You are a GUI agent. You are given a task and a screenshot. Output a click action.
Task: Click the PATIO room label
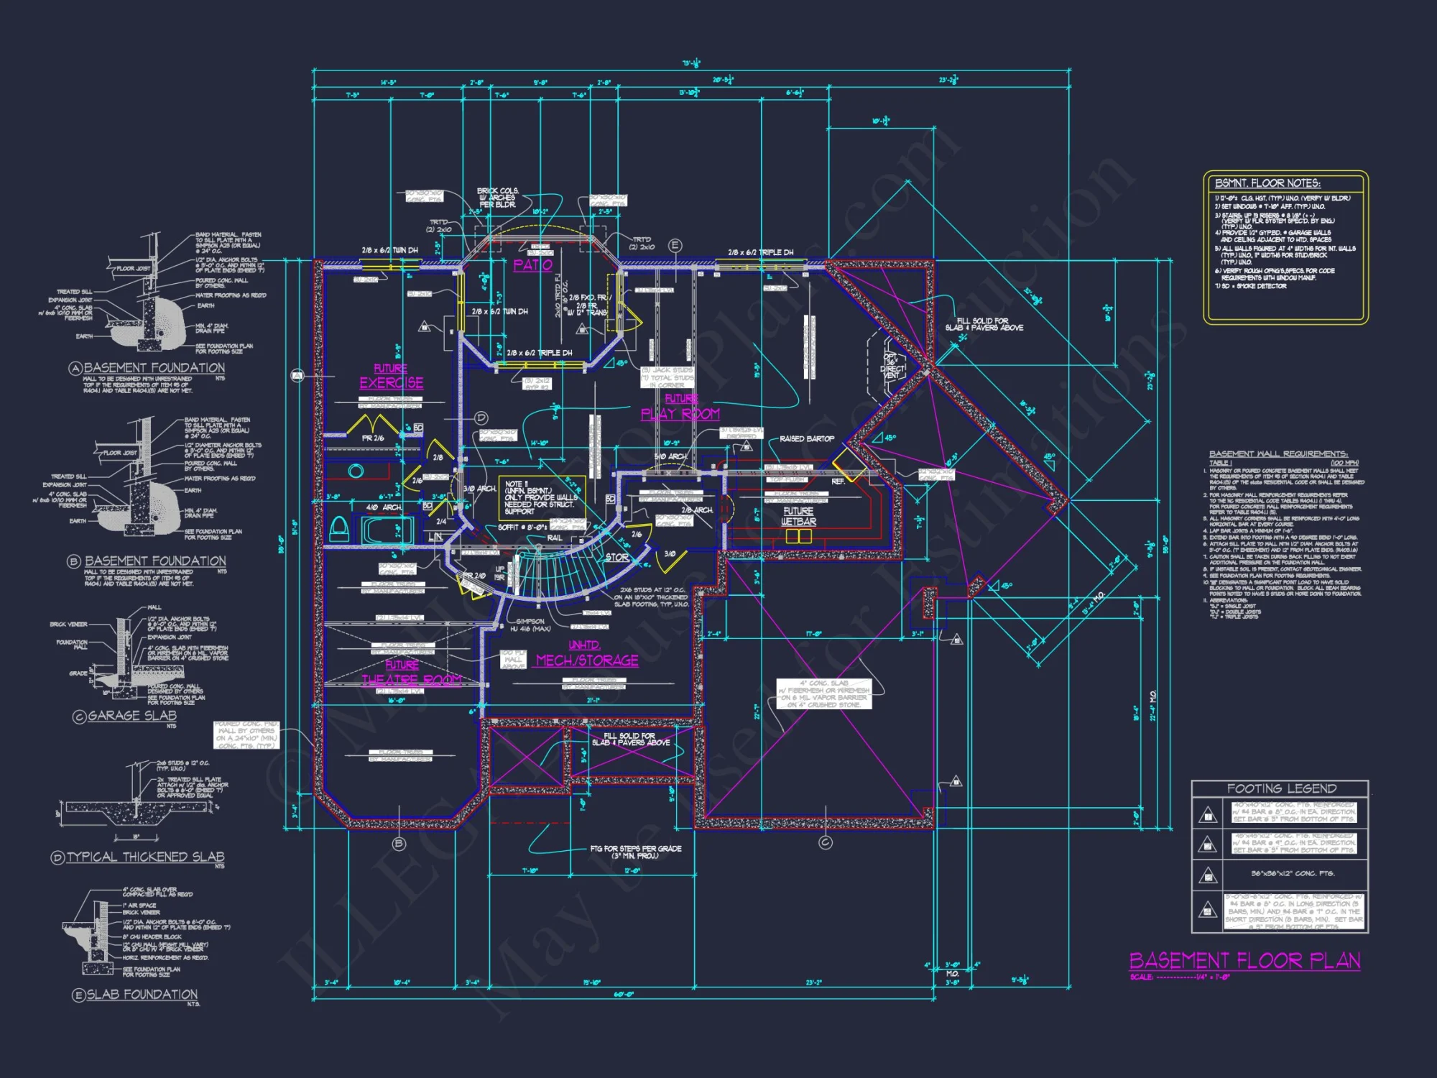pyautogui.click(x=533, y=264)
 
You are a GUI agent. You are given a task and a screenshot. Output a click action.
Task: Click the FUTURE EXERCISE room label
pyautogui.click(x=392, y=377)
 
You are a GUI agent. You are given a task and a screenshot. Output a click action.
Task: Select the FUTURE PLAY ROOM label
pyautogui.click(x=680, y=407)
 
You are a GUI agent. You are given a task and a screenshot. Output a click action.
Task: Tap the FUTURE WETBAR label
pyautogui.click(x=798, y=516)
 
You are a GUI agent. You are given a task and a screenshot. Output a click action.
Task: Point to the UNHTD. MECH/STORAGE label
pyautogui.click(x=587, y=654)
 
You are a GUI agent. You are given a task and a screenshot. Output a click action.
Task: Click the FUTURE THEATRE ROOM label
pyautogui.click(x=410, y=673)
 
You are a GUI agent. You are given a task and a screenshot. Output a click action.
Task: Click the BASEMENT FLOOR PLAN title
pyautogui.click(x=1244, y=961)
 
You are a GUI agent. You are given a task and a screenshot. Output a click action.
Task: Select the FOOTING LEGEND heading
pyautogui.click(x=1281, y=788)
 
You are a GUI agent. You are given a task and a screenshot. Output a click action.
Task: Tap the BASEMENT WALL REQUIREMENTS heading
pyautogui.click(x=1278, y=453)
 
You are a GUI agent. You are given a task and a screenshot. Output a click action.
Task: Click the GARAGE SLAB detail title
pyautogui.click(x=131, y=716)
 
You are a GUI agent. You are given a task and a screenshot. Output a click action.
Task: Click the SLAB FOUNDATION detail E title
pyautogui.click(x=142, y=995)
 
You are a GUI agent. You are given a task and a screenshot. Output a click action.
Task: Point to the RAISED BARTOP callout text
pyautogui.click(x=807, y=438)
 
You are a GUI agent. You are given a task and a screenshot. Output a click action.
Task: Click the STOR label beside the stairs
pyautogui.click(x=616, y=557)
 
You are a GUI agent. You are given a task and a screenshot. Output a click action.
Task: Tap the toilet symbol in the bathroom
pyautogui.click(x=338, y=530)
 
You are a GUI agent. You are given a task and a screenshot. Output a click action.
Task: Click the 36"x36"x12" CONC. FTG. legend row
pyautogui.click(x=1292, y=873)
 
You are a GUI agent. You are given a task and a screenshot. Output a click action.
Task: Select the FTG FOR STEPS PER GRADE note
pyautogui.click(x=635, y=852)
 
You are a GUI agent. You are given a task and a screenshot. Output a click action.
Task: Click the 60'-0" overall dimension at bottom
pyautogui.click(x=623, y=995)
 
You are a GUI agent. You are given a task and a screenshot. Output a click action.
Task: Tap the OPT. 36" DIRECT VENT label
pyautogui.click(x=892, y=366)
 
